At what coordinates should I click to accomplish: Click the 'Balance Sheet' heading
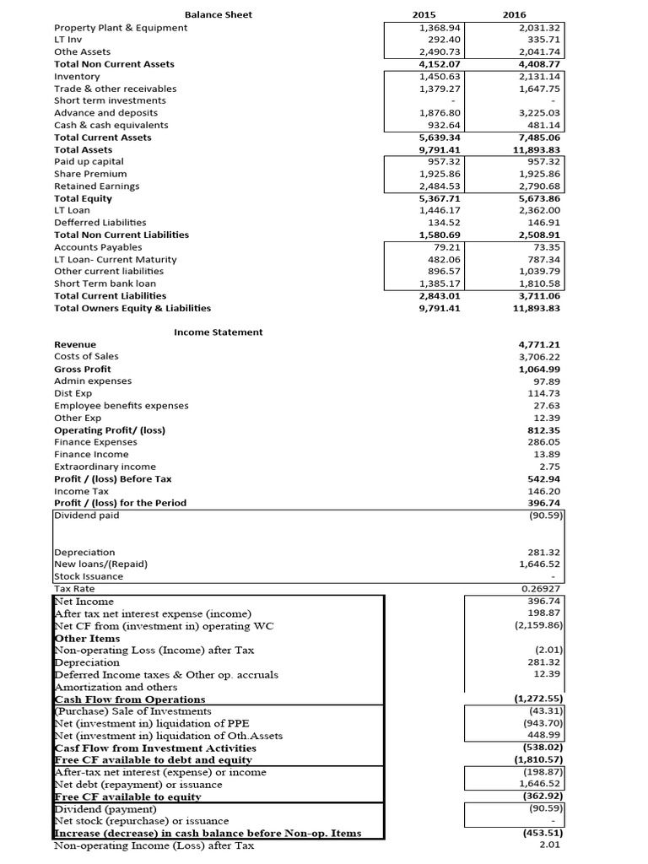click(219, 14)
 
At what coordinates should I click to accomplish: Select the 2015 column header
click(424, 14)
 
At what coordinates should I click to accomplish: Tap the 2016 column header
click(513, 14)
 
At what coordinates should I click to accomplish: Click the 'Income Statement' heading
click(219, 332)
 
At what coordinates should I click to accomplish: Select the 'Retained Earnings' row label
click(97, 186)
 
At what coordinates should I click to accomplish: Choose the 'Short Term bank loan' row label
click(105, 284)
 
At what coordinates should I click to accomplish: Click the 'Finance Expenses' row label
click(95, 442)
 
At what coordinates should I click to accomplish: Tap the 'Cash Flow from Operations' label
click(129, 699)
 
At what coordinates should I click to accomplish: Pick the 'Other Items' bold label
click(86, 638)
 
